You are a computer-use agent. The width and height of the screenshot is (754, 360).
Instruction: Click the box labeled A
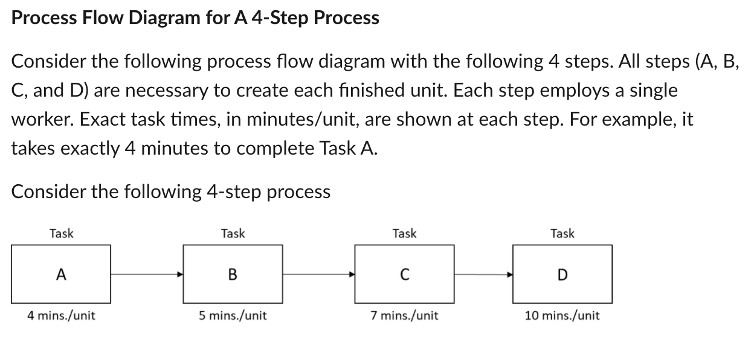[60, 274]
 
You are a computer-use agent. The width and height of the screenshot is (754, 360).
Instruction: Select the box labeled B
[233, 274]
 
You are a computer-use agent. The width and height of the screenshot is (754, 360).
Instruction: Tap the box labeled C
[404, 274]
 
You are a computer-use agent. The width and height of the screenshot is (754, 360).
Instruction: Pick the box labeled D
[562, 274]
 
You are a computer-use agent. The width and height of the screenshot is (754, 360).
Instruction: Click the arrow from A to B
[147, 274]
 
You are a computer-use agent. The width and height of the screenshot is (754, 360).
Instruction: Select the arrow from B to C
[318, 274]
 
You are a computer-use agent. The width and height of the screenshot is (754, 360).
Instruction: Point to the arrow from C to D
[483, 274]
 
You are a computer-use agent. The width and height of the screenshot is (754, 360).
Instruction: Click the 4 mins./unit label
[61, 315]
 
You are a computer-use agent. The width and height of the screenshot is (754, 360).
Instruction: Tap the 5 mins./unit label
[233, 315]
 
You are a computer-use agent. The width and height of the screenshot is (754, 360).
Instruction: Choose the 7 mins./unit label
[404, 315]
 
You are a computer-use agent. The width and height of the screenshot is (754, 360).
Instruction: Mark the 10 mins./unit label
[562, 315]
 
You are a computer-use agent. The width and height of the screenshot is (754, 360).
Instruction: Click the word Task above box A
[61, 233]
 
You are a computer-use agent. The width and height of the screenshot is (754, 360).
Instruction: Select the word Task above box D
[562, 233]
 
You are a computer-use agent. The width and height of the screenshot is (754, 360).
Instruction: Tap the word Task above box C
[404, 233]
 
